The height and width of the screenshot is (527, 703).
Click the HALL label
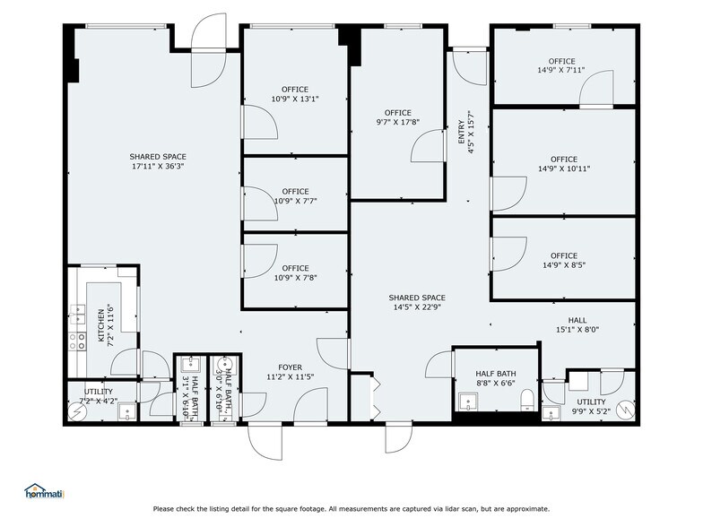click(x=577, y=319)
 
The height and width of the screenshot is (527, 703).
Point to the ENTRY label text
click(x=462, y=133)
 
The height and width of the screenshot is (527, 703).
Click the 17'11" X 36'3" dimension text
click(x=157, y=167)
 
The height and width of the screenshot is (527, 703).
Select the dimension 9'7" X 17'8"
click(x=397, y=122)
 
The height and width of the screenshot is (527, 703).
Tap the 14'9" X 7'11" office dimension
click(x=561, y=70)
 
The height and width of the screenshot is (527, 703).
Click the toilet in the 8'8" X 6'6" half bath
click(x=526, y=398)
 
